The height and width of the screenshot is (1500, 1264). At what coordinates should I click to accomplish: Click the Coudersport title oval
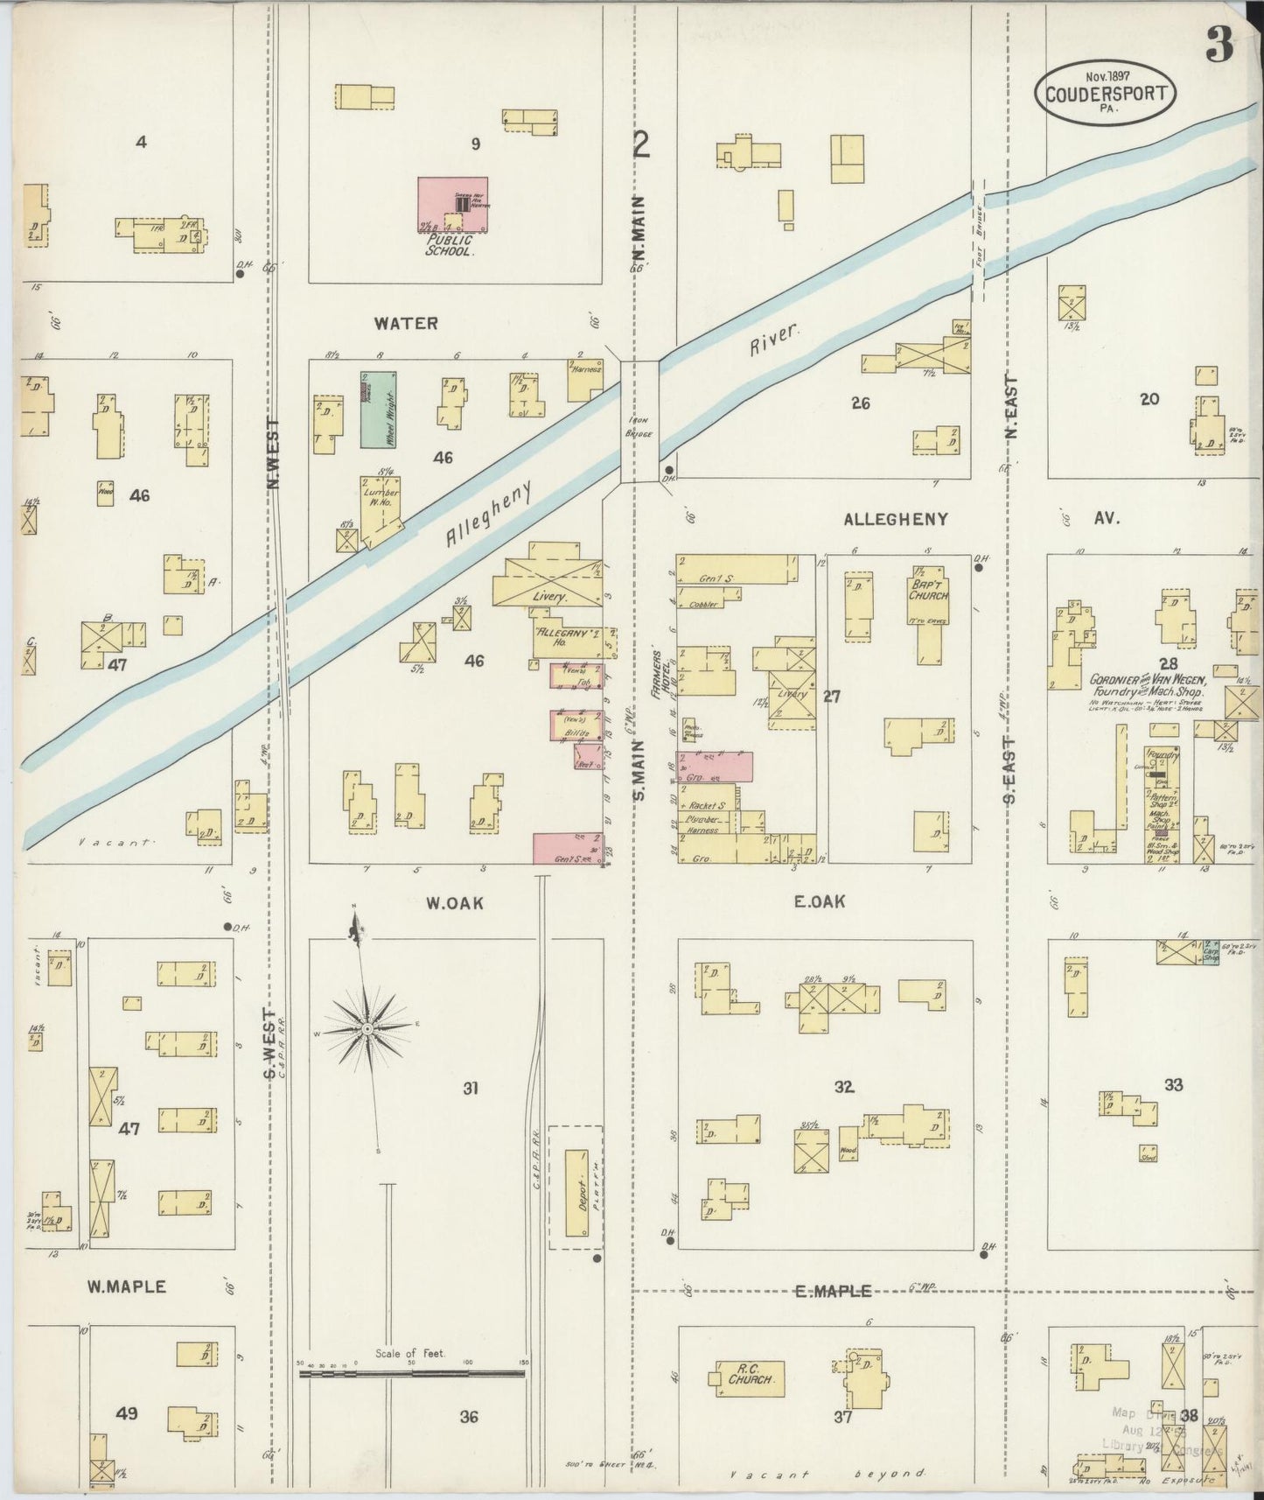click(1106, 93)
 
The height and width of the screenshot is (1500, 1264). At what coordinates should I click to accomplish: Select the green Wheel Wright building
click(378, 410)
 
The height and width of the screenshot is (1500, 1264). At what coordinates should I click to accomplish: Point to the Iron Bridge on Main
click(639, 422)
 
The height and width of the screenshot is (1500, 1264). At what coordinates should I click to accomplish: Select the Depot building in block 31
click(576, 1193)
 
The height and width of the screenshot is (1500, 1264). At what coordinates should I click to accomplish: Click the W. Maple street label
click(127, 1286)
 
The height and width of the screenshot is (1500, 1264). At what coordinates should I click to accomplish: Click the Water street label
click(406, 323)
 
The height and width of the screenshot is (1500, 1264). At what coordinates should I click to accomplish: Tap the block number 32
click(843, 1087)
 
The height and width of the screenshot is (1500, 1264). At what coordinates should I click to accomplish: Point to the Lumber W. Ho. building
click(380, 508)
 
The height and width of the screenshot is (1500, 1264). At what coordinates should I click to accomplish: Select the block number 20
click(1149, 399)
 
